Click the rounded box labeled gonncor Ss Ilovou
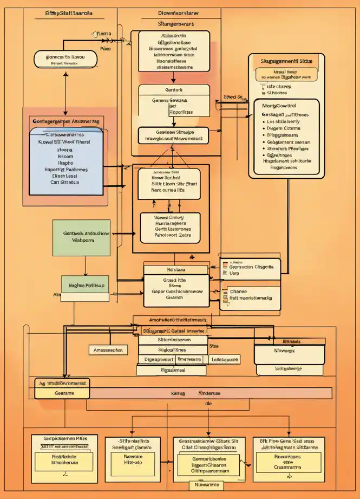pos(64,59)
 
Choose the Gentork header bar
pos(173,89)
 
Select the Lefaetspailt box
pos(224,359)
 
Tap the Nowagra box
pos(290,352)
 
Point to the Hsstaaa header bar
pos(175,269)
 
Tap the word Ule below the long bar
pos(208,404)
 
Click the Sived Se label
pos(233,97)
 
